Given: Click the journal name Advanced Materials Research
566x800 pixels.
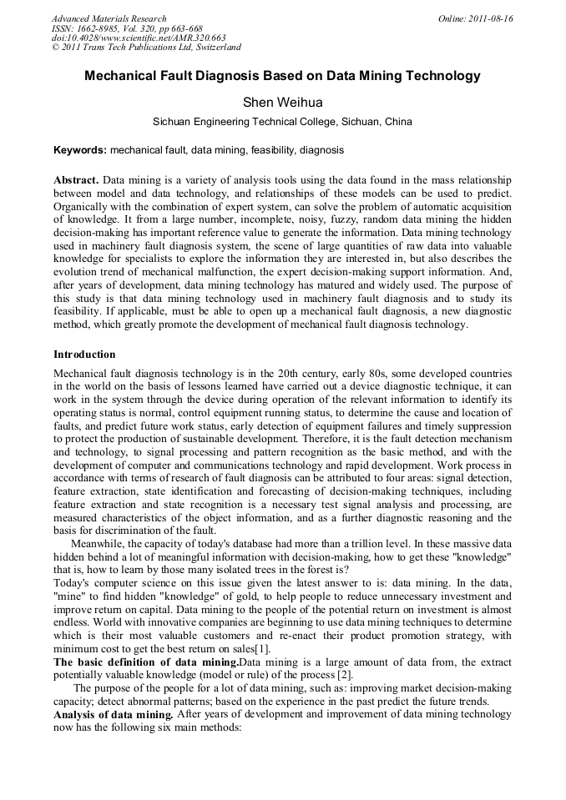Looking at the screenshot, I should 109,18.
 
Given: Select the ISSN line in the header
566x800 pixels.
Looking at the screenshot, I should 127,28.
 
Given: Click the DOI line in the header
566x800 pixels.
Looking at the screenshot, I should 139,38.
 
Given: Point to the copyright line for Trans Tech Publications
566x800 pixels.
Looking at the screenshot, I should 146,48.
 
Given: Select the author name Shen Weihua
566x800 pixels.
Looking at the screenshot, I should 282,103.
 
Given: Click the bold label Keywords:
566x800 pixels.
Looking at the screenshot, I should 80,151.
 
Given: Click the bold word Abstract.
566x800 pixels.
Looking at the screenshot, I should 76,180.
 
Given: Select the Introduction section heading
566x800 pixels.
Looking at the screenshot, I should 84,355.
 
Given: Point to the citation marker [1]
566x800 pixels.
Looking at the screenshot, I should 263,649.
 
